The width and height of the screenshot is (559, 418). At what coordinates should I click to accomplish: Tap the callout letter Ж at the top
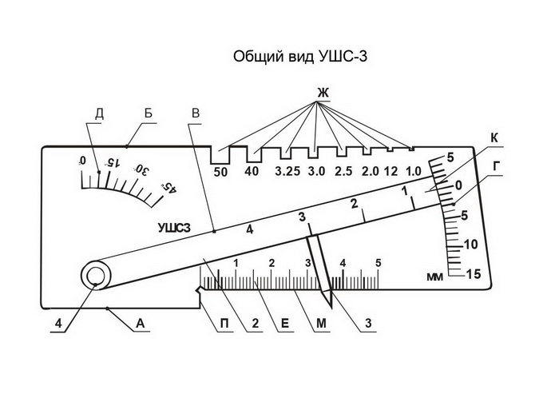[x=323, y=94]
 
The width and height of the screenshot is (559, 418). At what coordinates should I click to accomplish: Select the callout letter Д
[x=99, y=113]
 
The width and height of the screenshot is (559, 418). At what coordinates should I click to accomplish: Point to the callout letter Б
[x=149, y=113]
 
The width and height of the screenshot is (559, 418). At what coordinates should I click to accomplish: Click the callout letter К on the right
[x=494, y=137]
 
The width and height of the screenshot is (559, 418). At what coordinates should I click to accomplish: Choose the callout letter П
[x=227, y=324]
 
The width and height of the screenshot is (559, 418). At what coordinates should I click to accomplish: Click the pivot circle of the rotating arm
[x=95, y=277]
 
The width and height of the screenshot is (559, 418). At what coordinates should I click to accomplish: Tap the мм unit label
[x=435, y=277]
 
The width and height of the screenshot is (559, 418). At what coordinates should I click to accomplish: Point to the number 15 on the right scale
[x=472, y=273]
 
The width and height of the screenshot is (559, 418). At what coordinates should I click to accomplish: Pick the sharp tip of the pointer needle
[x=328, y=307]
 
